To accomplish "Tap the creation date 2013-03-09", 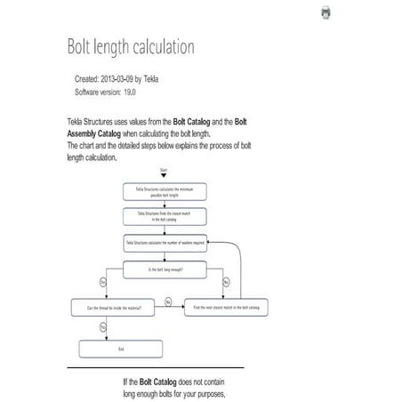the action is point(132,79).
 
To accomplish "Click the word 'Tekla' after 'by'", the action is point(172,79).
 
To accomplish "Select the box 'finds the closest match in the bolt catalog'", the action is point(165,216).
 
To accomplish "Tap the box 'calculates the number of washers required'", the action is point(165,242).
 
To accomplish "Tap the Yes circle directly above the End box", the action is point(103,328).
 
